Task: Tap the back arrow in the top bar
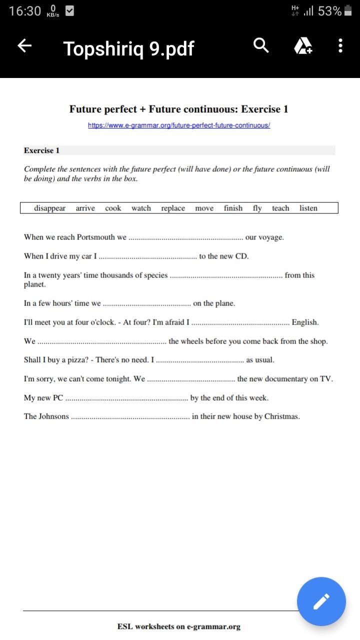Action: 24,46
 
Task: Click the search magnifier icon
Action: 261,45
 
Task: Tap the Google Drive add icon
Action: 302,46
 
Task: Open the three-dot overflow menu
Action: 340,46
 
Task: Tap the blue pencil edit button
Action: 321,601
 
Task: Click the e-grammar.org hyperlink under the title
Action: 179,125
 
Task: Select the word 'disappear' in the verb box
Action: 49,208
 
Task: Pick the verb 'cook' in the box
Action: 113,208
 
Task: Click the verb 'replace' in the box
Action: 173,208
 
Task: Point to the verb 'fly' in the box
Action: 257,208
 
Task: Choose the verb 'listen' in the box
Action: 308,208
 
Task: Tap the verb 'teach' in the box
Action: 280,208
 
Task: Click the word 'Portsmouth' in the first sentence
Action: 97,237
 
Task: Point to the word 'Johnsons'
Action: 53,416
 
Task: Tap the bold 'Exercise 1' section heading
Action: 41,150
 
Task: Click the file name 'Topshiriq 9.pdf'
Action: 128,48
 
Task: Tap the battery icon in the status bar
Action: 348,11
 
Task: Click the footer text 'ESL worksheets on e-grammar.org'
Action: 179,626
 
